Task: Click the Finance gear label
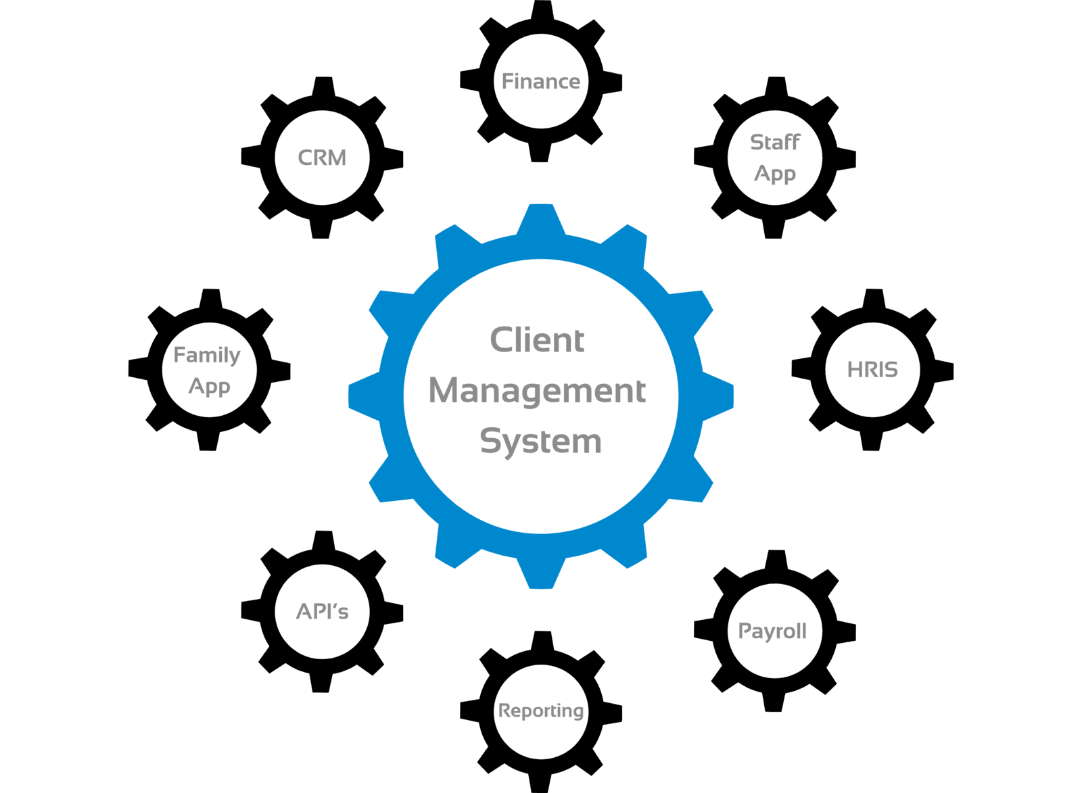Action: coord(540,82)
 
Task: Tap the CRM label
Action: coord(322,158)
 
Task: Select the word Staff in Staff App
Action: coord(775,142)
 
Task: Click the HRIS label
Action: coord(872,369)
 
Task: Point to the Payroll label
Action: coord(772,631)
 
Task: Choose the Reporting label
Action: coord(541,711)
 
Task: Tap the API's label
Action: coord(322,612)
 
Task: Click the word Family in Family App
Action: coord(207,354)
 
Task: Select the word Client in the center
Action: coord(537,339)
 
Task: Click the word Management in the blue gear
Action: coord(538,391)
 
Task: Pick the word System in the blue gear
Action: coord(540,441)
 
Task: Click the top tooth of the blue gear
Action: coord(541,218)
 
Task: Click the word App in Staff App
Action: coord(775,174)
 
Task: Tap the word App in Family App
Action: coord(209,387)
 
